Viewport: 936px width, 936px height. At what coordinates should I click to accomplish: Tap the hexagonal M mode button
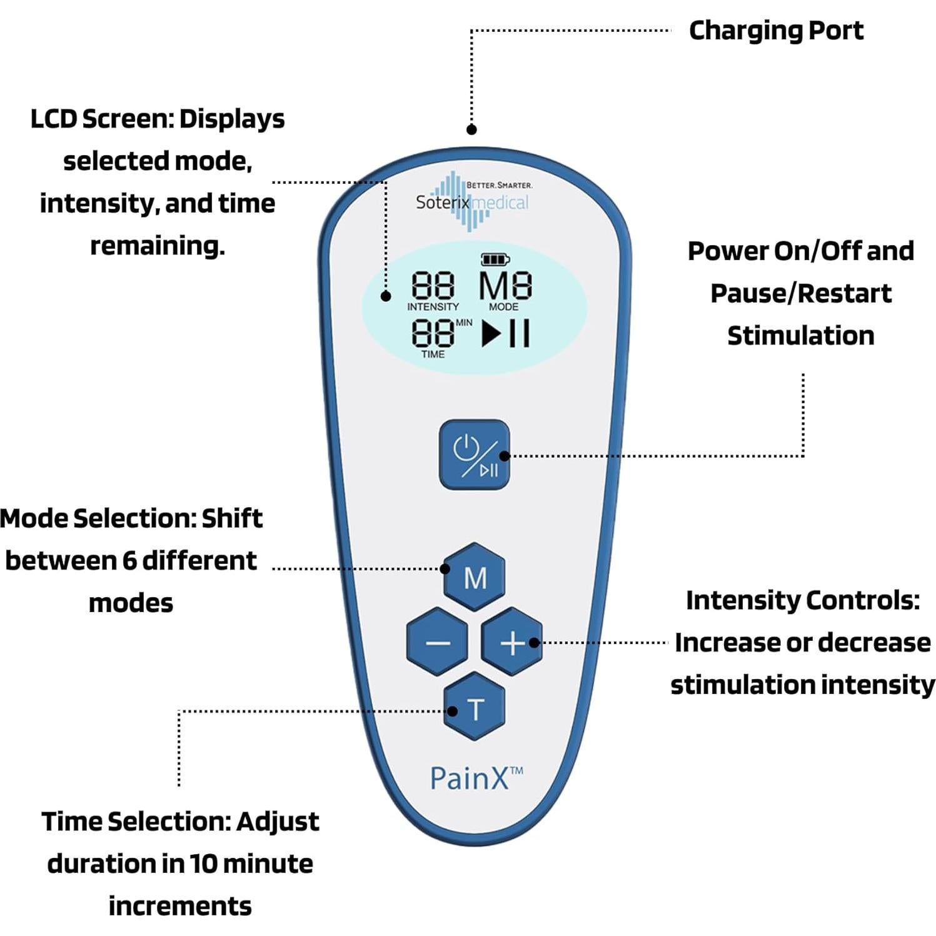tap(475, 577)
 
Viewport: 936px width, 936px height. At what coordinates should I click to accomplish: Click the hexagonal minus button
tap(437, 642)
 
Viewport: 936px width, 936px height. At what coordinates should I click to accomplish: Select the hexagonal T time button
tap(475, 708)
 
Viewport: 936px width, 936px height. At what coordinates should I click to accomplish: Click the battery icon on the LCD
tap(495, 259)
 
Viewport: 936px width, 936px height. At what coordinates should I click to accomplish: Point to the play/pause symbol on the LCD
tap(506, 333)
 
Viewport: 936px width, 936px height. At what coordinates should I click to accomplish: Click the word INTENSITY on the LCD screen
tap(433, 307)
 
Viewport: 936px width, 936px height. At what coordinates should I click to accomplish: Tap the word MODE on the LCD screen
tap(503, 307)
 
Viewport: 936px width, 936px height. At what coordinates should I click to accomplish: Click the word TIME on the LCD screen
tap(433, 354)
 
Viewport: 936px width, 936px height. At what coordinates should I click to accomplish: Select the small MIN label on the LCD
tap(464, 323)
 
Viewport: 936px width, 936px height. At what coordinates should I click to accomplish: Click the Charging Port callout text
tap(775, 30)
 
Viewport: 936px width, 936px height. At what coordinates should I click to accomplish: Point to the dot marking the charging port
tap(471, 129)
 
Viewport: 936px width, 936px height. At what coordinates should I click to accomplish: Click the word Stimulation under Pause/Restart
tap(800, 336)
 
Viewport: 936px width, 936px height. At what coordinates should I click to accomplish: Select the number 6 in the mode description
tap(129, 561)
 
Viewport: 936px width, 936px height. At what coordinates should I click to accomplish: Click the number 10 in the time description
tap(203, 864)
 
